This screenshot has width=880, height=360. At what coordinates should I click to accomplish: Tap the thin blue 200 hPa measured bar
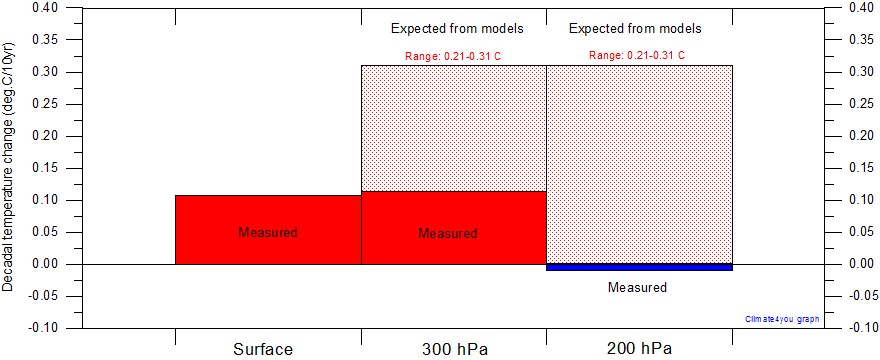click(x=639, y=267)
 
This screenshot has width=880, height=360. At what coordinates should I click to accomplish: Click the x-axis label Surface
click(x=263, y=349)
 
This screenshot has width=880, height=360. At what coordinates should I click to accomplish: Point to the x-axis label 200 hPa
click(x=639, y=349)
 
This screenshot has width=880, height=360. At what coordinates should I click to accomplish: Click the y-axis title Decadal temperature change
click(x=9, y=167)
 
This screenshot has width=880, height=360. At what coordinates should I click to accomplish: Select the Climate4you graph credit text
click(x=782, y=319)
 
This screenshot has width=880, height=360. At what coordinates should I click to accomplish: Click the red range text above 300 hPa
click(x=453, y=55)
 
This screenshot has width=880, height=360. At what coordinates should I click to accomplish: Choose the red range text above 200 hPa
click(x=637, y=55)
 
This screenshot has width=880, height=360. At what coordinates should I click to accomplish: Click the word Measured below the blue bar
click(x=637, y=287)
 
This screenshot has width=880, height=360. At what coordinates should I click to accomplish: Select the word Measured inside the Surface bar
click(x=268, y=232)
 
